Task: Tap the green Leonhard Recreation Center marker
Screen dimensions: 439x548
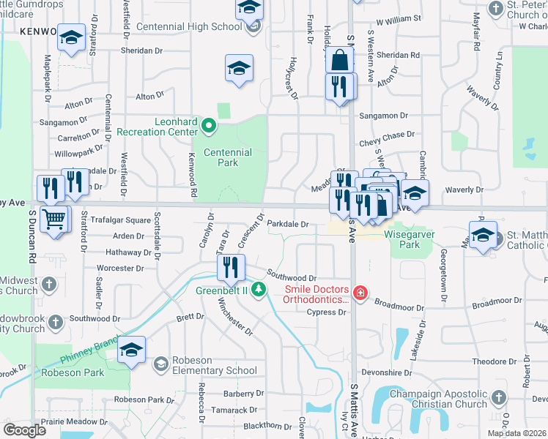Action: pyautogui.click(x=209, y=126)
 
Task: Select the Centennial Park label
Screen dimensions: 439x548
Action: pyautogui.click(x=227, y=157)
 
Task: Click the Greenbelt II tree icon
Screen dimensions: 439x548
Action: pyautogui.click(x=258, y=290)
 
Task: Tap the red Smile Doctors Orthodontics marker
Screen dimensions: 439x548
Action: pyautogui.click(x=360, y=293)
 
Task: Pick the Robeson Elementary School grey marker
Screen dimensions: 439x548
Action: pyautogui.click(x=161, y=363)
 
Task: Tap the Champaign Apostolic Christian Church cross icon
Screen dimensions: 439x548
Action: pyautogui.click(x=498, y=397)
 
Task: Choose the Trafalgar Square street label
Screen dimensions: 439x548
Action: pyautogui.click(x=121, y=220)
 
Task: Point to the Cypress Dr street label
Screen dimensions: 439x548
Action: pyautogui.click(x=327, y=312)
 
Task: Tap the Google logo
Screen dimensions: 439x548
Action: pyautogui.click(x=24, y=429)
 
